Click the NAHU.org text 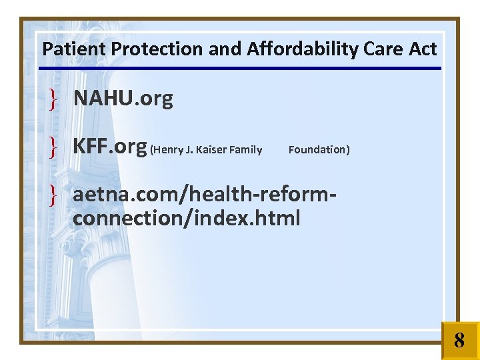[x=123, y=99]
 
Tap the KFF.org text [x=110, y=147]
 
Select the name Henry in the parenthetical [x=167, y=150]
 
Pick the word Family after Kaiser [x=245, y=150]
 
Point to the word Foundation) [x=319, y=150]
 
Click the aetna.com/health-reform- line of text [x=203, y=195]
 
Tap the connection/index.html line [x=187, y=218]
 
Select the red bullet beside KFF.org [x=52, y=147]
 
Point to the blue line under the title [x=240, y=68]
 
